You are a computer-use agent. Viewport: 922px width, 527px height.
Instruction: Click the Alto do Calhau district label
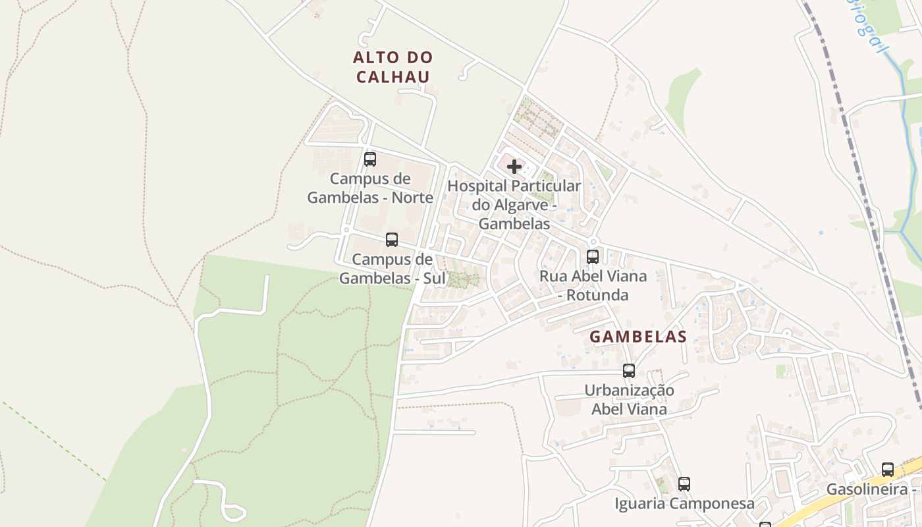click(x=393, y=67)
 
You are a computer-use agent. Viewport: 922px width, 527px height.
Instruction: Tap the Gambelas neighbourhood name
click(x=638, y=337)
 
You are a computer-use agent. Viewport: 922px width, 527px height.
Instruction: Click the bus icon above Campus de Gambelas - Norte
click(x=370, y=159)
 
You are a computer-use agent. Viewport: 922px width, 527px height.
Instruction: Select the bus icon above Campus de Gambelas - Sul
click(x=392, y=240)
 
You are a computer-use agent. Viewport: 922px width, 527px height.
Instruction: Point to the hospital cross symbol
click(x=514, y=167)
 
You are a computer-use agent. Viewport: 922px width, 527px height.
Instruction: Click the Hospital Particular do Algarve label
click(x=514, y=205)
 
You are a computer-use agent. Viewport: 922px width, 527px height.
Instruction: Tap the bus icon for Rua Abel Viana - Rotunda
click(x=593, y=256)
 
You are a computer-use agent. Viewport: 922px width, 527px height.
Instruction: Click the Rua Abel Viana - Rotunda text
click(x=593, y=285)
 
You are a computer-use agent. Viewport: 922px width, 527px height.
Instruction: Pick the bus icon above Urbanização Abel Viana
click(x=629, y=370)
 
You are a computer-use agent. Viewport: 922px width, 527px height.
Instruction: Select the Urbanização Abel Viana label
click(x=629, y=399)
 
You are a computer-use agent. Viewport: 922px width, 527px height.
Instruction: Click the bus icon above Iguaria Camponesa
click(x=684, y=484)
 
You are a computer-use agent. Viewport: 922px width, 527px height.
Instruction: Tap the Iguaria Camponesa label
click(x=684, y=504)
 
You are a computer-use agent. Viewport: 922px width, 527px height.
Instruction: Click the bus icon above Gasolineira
click(x=888, y=470)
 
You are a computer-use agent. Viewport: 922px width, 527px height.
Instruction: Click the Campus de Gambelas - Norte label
click(x=370, y=188)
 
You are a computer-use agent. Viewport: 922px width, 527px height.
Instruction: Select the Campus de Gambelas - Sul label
click(x=392, y=269)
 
